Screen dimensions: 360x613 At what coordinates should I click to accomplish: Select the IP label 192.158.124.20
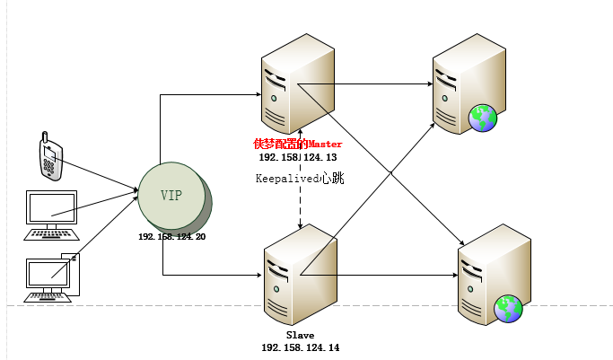point(172,236)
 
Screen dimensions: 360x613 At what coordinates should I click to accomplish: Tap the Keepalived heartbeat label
point(300,178)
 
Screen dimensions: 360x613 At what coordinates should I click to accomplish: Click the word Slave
point(300,335)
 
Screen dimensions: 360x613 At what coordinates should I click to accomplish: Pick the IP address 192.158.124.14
point(300,347)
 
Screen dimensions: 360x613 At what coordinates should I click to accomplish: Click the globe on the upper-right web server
point(483,118)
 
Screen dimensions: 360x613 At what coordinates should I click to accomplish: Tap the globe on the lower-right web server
point(509,308)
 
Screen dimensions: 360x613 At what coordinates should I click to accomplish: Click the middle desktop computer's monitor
point(51,208)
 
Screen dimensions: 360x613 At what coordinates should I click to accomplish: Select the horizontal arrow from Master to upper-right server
point(368,85)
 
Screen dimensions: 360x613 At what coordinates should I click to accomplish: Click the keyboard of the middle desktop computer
point(51,234)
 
